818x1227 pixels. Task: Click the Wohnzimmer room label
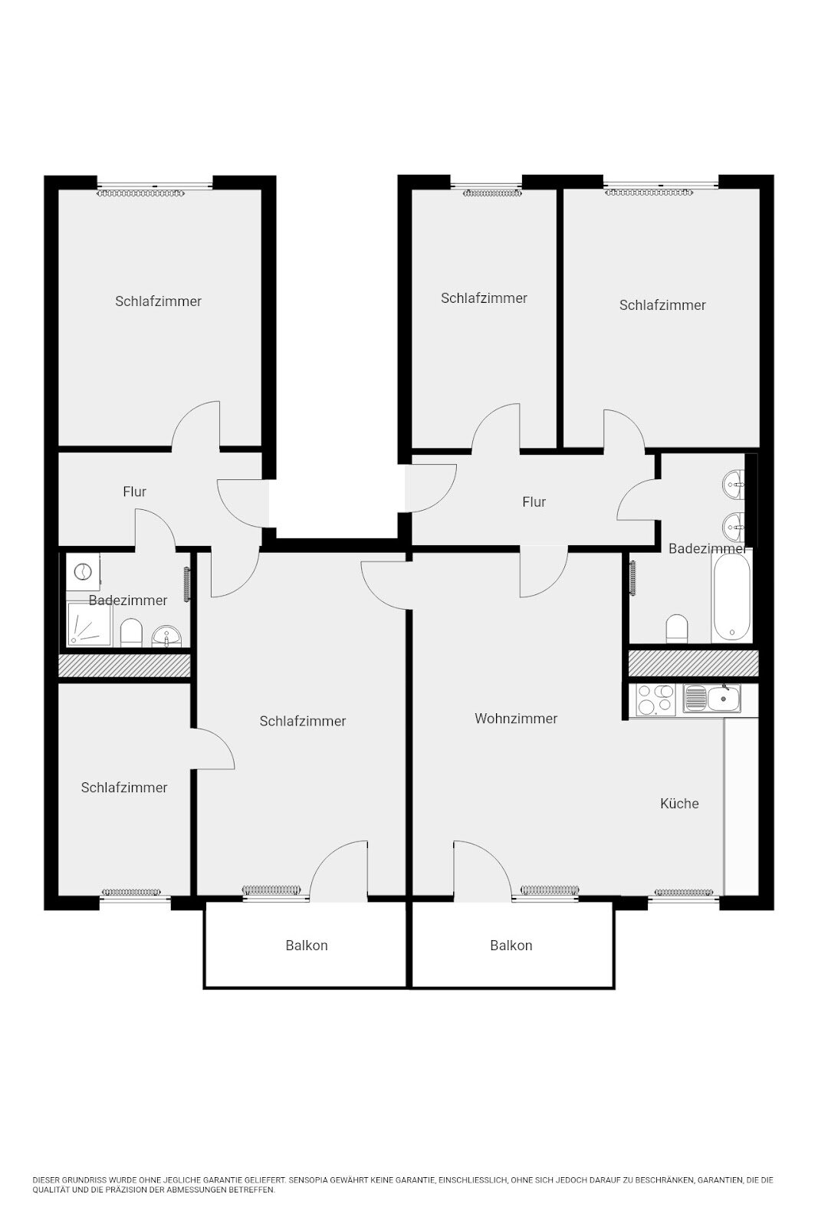coord(516,718)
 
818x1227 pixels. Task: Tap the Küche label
coord(679,803)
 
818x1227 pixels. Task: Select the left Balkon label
coord(307,945)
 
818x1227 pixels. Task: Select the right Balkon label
coord(511,945)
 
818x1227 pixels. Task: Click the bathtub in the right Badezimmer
coord(731,598)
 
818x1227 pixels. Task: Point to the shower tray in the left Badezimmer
coord(89,624)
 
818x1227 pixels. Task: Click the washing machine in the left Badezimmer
coord(83,572)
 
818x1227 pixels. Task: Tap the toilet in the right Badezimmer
coord(677,628)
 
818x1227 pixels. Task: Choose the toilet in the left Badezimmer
coord(131,633)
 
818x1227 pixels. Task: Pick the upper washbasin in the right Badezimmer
coord(734,484)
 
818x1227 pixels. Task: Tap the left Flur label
coord(135,492)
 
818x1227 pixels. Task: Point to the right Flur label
coord(534,502)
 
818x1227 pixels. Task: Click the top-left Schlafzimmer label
coord(158,301)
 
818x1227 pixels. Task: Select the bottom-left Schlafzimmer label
coord(124,787)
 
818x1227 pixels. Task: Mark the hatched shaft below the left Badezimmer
coord(124,666)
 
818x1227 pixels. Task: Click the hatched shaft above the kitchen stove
coord(693,663)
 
